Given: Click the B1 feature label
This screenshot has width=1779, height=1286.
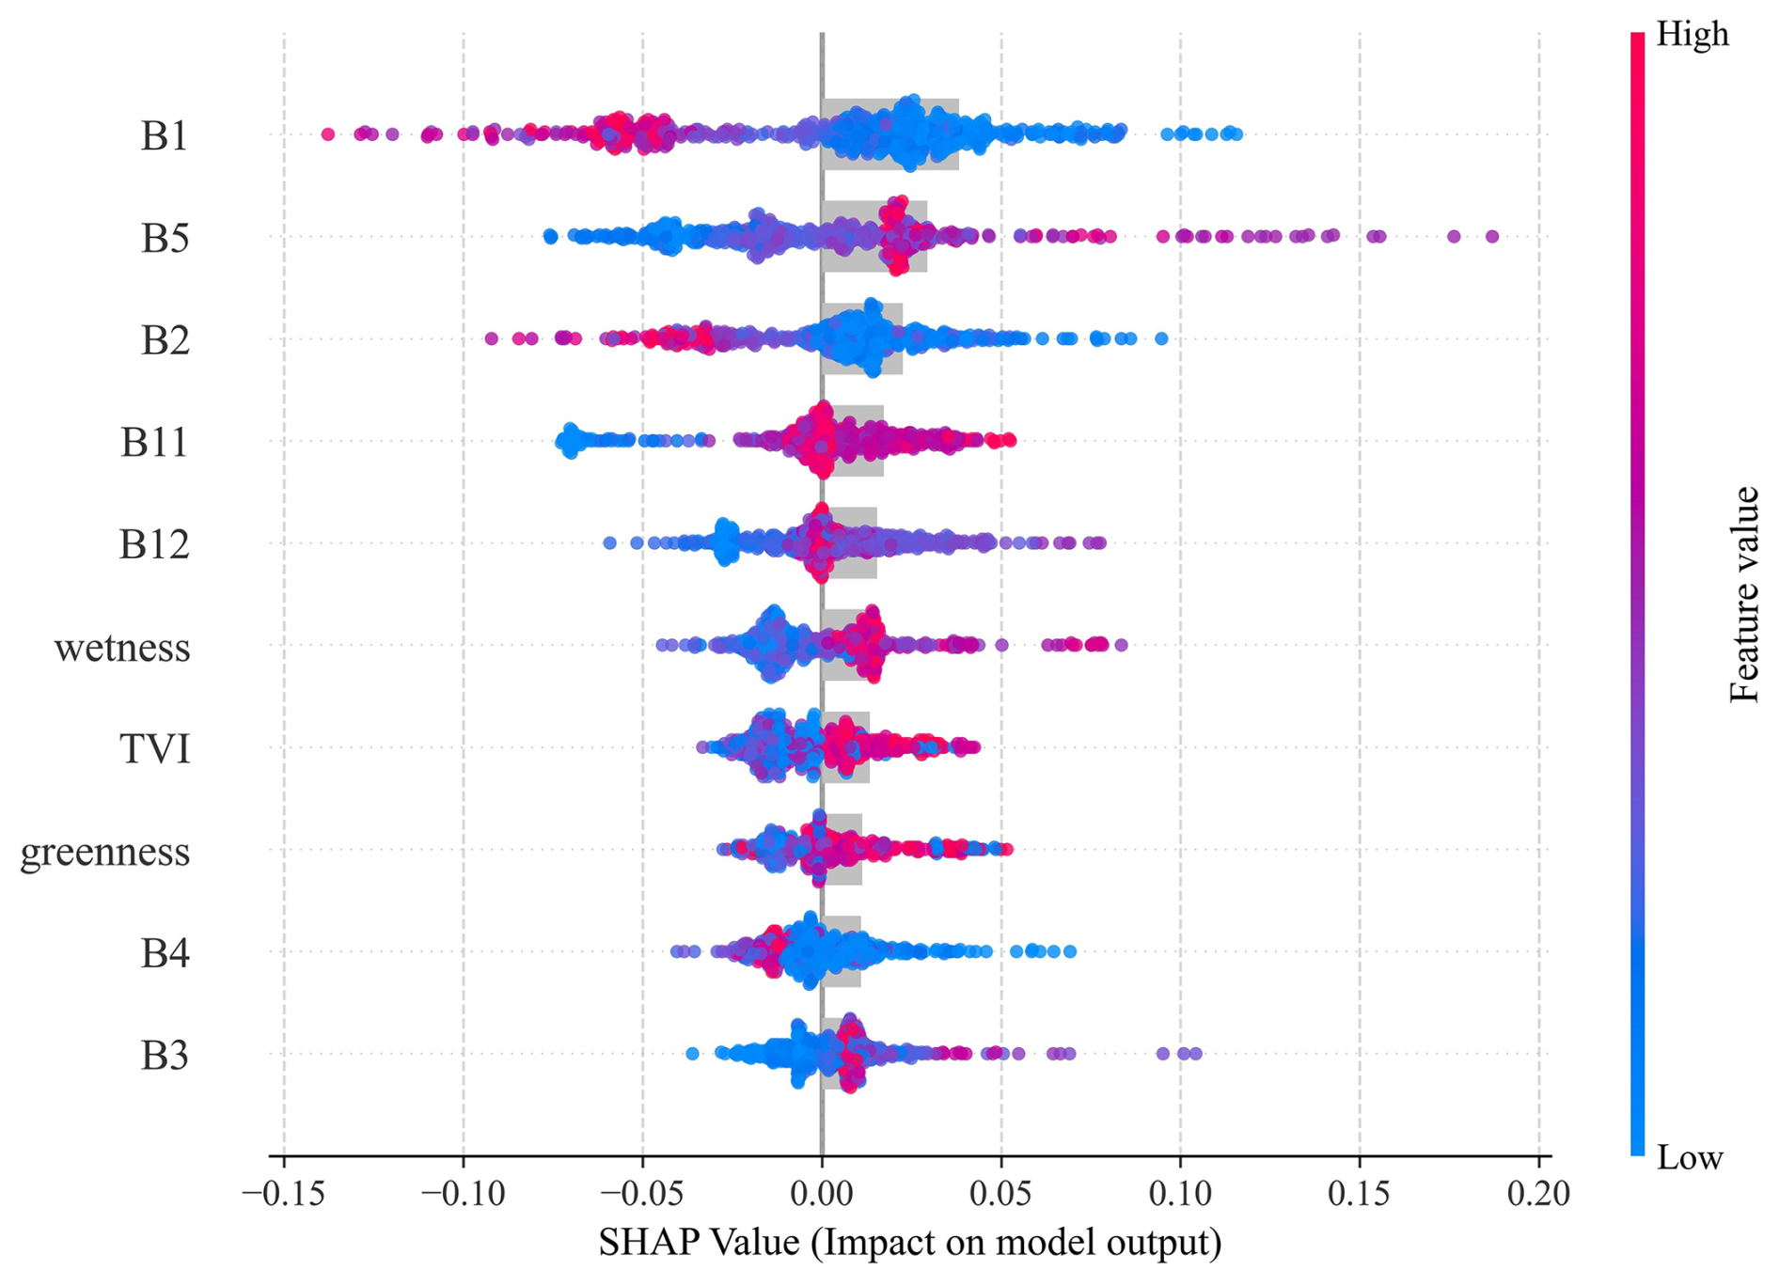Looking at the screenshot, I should coord(165,135).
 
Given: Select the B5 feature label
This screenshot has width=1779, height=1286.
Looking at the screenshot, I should coord(165,238).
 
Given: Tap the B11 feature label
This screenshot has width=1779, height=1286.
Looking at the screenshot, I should coord(154,442).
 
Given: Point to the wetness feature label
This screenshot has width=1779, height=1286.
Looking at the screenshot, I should coord(122,647).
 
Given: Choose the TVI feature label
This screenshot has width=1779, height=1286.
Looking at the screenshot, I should coord(155,749).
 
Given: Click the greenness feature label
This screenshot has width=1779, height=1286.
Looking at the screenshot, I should coord(105,851).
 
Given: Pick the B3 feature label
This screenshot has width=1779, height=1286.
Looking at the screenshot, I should coord(165,1056).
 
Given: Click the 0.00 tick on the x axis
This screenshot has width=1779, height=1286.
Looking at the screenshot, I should coord(822,1193).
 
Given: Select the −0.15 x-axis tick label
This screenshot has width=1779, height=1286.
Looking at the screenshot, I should coord(283,1193).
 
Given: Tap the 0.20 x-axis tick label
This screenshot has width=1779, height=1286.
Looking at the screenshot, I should coord(1538,1193).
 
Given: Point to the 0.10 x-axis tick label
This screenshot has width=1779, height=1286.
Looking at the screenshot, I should coord(1180,1193).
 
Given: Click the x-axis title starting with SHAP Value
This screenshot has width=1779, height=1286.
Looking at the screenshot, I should coord(909,1242).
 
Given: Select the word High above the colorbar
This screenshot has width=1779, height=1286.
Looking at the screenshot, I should coord(1692,34).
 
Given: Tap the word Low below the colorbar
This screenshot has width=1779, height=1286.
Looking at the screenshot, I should coord(1689,1157).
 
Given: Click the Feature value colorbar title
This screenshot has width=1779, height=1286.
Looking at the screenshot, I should coord(1744,594).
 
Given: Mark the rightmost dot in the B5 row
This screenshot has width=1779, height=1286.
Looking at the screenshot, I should coord(1492,236).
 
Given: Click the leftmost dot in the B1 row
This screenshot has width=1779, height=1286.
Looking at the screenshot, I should coord(327,134).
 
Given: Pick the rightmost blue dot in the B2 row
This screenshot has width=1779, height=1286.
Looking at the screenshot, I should coord(1161,338).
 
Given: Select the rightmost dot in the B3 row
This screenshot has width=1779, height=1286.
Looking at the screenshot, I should coord(1196,1054).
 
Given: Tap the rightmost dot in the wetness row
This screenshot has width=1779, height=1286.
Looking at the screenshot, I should coord(1121,645).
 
